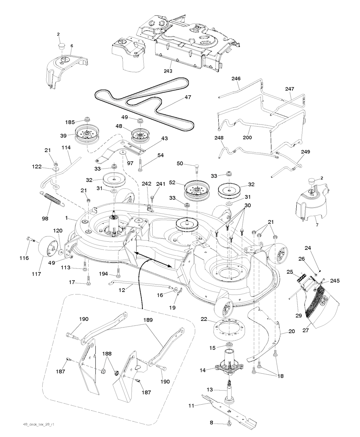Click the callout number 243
pyautogui.click(x=168, y=71)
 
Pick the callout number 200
pyautogui.click(x=247, y=138)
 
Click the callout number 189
pyautogui.click(x=148, y=321)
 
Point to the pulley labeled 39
pyautogui.click(x=86, y=134)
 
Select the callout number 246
pyautogui.click(x=235, y=78)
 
